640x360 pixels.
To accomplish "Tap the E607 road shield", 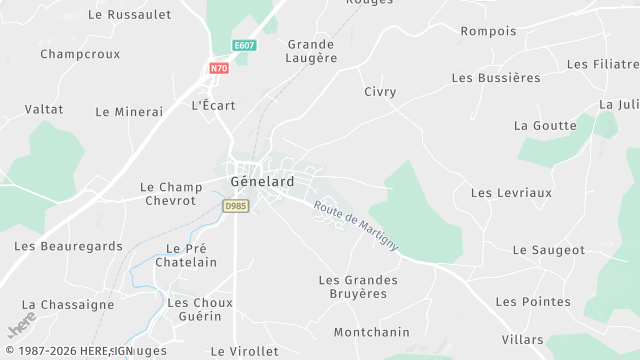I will click(243, 46).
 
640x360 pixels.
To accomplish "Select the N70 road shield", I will click(219, 68).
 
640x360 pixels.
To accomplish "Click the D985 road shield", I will click(235, 205).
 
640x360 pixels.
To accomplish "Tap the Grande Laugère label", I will click(313, 51).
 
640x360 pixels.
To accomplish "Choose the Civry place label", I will click(380, 92).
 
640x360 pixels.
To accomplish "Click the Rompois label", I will click(488, 31).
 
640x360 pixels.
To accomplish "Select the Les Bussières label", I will click(496, 77).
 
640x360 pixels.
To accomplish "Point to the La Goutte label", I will click(545, 126).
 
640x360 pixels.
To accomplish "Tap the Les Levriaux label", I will click(511, 192).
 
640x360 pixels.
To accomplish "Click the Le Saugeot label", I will click(549, 250).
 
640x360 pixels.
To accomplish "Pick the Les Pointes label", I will click(533, 301).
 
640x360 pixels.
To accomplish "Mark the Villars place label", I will click(523, 339).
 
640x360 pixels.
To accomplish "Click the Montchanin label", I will click(372, 332).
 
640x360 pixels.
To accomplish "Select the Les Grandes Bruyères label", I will click(358, 287).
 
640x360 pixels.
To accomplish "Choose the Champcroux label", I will click(80, 54).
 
